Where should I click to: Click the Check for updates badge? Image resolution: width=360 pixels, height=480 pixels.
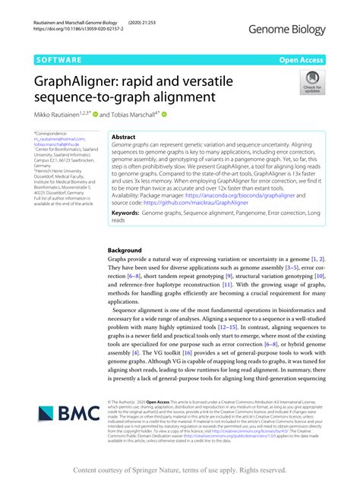point(311,82)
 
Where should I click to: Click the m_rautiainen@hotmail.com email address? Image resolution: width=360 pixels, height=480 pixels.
point(59,139)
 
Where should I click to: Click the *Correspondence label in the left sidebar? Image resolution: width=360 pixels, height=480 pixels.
point(52,133)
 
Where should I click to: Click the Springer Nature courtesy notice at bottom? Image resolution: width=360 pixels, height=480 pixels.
point(179,470)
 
